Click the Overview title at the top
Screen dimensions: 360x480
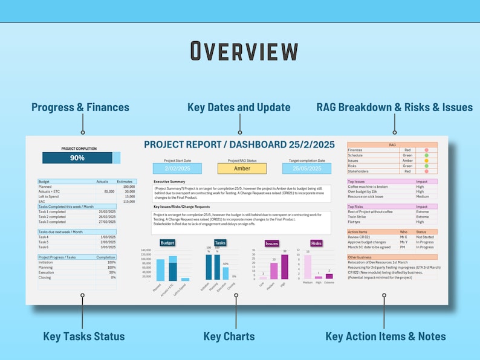click(244, 51)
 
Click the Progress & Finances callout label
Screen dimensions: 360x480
click(80, 108)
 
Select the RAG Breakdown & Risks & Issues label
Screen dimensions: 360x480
click(395, 108)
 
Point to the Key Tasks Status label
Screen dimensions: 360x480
click(83, 336)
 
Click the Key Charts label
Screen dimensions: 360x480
click(229, 336)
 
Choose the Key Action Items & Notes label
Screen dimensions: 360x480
click(386, 336)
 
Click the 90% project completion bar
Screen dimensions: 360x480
click(77, 158)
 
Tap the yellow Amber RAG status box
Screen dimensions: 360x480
click(242, 169)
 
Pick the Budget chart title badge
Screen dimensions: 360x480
click(167, 243)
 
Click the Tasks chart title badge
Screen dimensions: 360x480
click(220, 243)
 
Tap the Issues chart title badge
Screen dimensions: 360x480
click(272, 243)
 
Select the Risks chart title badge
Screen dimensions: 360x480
click(316, 243)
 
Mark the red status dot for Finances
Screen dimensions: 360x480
click(426, 150)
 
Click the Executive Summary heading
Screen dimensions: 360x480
click(169, 182)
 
